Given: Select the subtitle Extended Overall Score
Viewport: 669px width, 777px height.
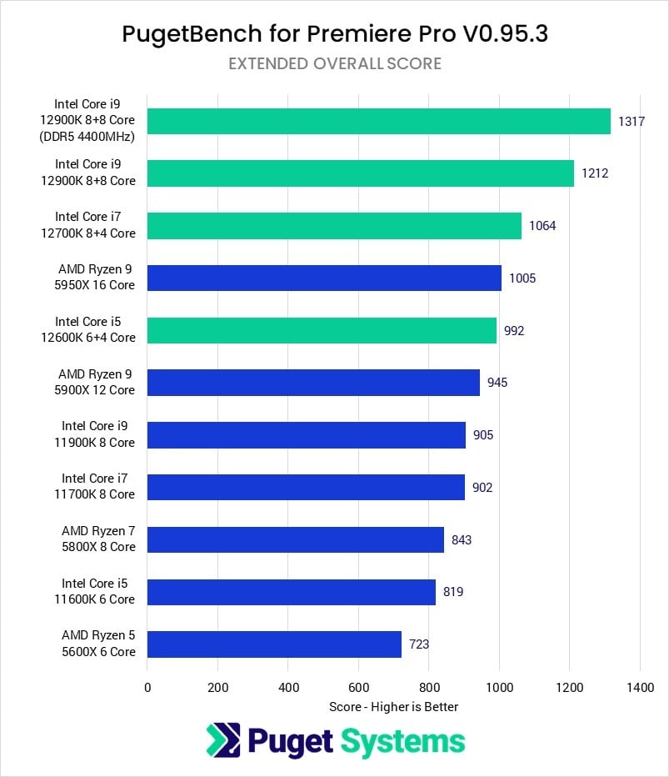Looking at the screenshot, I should (334, 63).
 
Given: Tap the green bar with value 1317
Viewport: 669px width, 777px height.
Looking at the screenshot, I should (378, 122).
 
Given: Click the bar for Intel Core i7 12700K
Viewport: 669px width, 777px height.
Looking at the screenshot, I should (334, 226).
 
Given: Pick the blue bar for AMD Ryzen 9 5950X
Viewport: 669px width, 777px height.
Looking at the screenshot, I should (324, 278).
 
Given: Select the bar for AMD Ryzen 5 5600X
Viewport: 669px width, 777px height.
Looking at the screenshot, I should (274, 644).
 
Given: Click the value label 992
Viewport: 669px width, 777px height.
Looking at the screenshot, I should (514, 330).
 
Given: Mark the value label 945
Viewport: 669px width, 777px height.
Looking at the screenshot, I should (497, 383).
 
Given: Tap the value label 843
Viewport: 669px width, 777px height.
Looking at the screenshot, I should (462, 539).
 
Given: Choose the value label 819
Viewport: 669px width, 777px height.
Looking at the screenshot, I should (453, 592).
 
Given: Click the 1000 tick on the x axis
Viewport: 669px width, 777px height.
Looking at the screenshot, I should (499, 689).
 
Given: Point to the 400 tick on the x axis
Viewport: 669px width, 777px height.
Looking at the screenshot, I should (288, 689).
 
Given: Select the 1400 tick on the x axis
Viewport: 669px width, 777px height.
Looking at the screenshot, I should (639, 689).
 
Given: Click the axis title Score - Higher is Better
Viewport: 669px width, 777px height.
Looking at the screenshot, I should (393, 707).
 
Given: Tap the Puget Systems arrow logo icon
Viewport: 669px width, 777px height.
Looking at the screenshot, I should (223, 740).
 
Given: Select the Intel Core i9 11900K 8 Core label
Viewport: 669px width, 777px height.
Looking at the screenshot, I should (97, 434).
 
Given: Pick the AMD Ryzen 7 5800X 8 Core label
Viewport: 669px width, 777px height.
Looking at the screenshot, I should (97, 539).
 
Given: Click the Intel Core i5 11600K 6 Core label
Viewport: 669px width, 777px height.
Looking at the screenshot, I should (97, 591).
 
